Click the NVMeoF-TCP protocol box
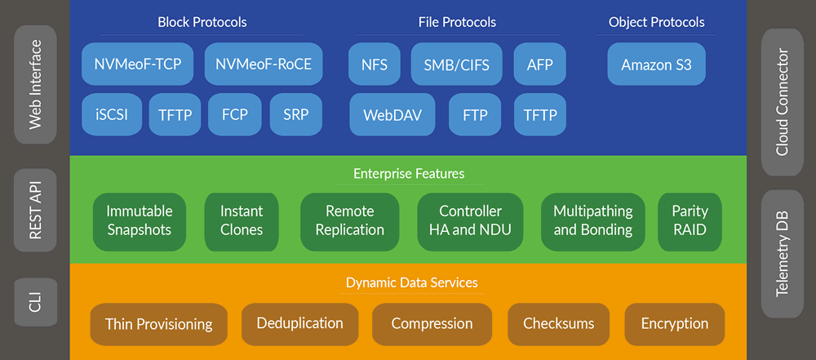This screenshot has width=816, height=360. (138, 64)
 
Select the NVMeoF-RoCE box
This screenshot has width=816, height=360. (263, 64)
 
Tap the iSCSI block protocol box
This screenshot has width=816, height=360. (111, 114)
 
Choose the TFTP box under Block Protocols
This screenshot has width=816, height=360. (175, 114)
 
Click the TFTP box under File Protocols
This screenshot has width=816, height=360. (539, 114)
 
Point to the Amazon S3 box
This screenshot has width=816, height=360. (656, 64)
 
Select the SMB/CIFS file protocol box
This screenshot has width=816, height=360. (456, 64)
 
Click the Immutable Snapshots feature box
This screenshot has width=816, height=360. (140, 220)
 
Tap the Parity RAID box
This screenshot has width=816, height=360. (690, 220)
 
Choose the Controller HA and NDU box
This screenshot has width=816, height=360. (470, 220)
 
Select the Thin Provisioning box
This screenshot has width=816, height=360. (158, 324)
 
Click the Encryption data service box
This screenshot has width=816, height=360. (674, 324)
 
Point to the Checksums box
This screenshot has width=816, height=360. (558, 324)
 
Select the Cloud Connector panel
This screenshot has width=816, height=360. (782, 102)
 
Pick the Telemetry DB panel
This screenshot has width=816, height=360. (782, 254)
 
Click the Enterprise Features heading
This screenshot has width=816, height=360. (409, 174)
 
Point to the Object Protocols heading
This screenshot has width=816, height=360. (656, 22)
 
